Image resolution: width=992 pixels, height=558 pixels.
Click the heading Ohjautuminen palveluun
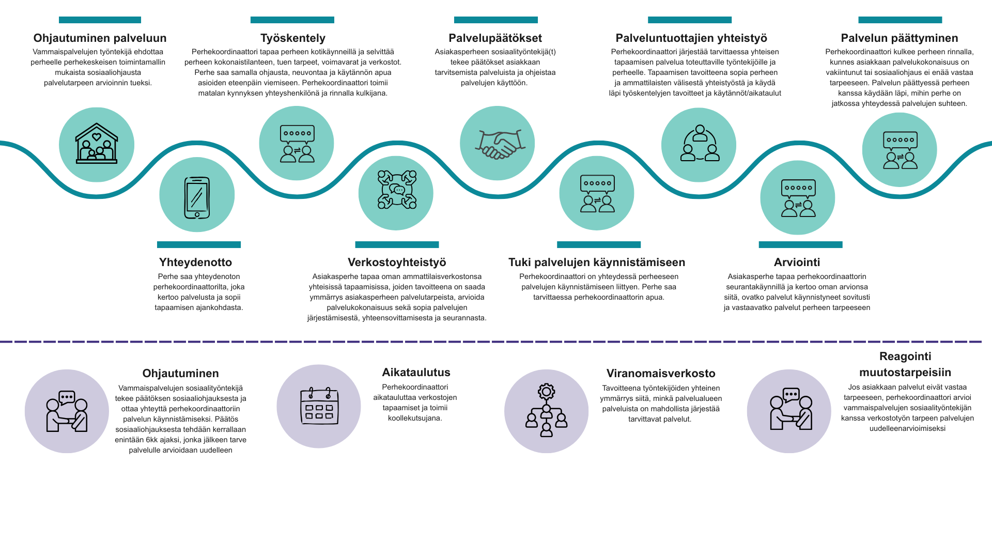coord(100,38)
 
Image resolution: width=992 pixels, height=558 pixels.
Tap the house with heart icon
coord(97,144)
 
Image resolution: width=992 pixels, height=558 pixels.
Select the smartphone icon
coord(197,197)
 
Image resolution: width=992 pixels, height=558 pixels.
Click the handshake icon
coord(497,144)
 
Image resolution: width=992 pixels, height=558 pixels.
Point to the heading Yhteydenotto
coord(195,262)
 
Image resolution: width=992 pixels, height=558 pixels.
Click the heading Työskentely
coord(293,38)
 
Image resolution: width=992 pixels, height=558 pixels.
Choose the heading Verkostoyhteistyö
coord(397,262)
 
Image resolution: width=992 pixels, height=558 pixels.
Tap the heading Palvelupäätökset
coord(495,38)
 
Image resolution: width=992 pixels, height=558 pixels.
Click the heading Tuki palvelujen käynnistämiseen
coord(597,262)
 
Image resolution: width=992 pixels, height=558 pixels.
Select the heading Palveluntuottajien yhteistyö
coord(691,38)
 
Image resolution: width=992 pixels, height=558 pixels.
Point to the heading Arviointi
coord(797,262)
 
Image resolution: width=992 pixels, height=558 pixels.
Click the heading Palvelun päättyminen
coord(900,38)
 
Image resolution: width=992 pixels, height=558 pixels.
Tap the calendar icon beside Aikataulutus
coord(319,406)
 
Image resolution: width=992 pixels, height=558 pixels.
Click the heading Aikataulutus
coord(416,373)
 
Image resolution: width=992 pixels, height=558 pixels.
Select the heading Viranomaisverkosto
coord(661,374)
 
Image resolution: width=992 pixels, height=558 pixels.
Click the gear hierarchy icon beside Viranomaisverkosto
coord(546,410)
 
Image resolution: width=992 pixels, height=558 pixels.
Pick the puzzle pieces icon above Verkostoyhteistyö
coord(397,190)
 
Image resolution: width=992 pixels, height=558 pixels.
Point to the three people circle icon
coord(700,143)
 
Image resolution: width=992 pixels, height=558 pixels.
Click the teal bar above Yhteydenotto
coord(199,244)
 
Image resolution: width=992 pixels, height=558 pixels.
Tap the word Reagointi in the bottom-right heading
coord(905,357)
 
